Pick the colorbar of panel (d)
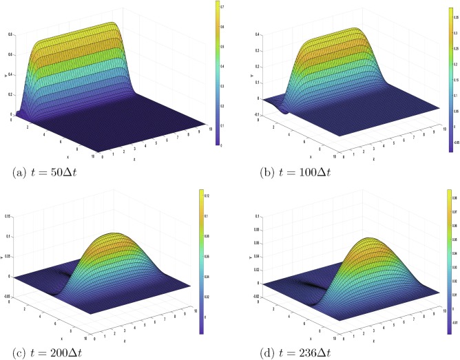point(448,265)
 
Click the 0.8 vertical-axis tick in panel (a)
point(9,34)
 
